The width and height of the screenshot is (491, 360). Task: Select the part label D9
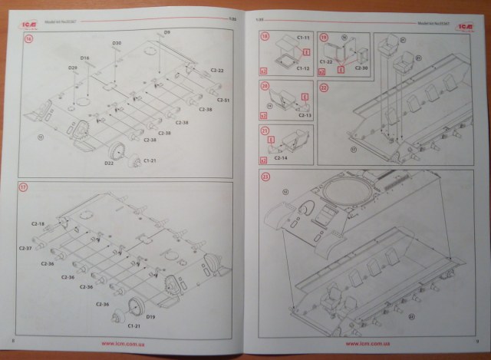(x=166, y=32)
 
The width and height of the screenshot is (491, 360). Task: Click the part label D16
(x=85, y=58)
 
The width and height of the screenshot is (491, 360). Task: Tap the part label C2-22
(x=216, y=70)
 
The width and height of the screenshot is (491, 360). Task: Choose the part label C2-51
(x=223, y=101)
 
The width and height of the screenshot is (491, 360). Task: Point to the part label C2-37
(x=27, y=249)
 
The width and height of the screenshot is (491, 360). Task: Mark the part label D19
(x=150, y=315)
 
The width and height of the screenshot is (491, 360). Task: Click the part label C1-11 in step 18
(x=282, y=36)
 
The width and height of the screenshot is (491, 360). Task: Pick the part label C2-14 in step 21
(x=280, y=157)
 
